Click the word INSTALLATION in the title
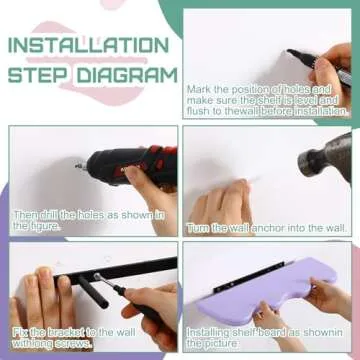[x=89, y=45]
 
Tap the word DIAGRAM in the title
[x=127, y=75]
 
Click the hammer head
[x=325, y=157]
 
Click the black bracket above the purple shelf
[x=249, y=277]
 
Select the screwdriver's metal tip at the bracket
[x=97, y=276]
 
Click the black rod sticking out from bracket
[x=93, y=292]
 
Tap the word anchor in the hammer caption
[x=270, y=228]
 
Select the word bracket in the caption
[x=66, y=332]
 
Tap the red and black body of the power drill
[x=132, y=165]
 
